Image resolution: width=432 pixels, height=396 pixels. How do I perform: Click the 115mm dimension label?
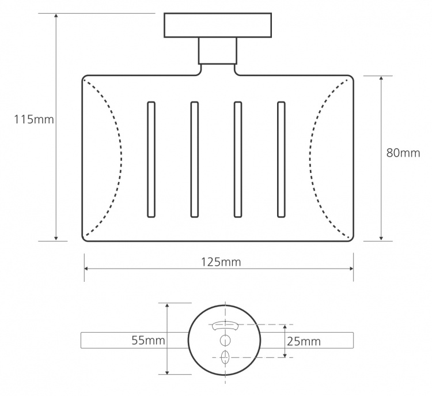[34, 120]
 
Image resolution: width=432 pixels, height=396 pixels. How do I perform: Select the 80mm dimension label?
[403, 153]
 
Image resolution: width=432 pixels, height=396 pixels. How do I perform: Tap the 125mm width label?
[221, 262]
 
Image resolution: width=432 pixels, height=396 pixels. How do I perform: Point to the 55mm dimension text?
[148, 340]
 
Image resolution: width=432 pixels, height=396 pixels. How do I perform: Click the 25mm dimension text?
[304, 342]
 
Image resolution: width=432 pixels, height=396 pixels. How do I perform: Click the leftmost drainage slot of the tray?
[151, 160]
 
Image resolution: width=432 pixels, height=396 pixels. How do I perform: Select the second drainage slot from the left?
[194, 160]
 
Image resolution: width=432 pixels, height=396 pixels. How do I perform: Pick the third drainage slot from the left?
[238, 160]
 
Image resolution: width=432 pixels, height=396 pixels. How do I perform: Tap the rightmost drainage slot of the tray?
[281, 160]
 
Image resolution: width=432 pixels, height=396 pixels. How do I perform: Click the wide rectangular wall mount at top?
[218, 25]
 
